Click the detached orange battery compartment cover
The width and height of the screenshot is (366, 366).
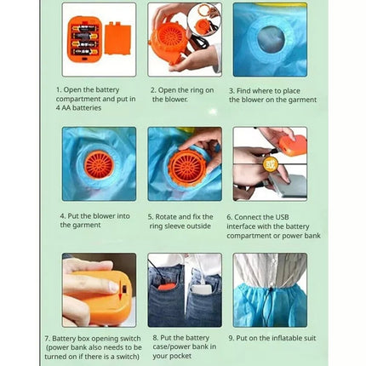117,38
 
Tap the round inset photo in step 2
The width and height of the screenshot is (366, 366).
204,20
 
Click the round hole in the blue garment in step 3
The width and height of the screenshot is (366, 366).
272,39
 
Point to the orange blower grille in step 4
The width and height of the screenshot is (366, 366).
99,165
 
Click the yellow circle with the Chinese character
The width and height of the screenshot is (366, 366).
270,163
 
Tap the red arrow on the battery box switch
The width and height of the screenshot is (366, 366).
120,289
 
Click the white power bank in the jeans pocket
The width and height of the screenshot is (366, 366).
201,290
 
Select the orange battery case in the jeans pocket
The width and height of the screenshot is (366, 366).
164,287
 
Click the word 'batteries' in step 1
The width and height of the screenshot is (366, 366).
87,108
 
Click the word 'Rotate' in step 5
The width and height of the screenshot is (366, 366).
165,217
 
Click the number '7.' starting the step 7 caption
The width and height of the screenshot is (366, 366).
48,339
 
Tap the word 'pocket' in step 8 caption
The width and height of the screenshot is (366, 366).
181,356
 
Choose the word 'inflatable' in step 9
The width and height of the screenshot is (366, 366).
286,338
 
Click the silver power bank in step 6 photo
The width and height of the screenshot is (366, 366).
287,186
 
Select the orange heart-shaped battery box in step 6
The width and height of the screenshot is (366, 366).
294,145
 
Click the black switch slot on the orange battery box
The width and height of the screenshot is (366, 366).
124,289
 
